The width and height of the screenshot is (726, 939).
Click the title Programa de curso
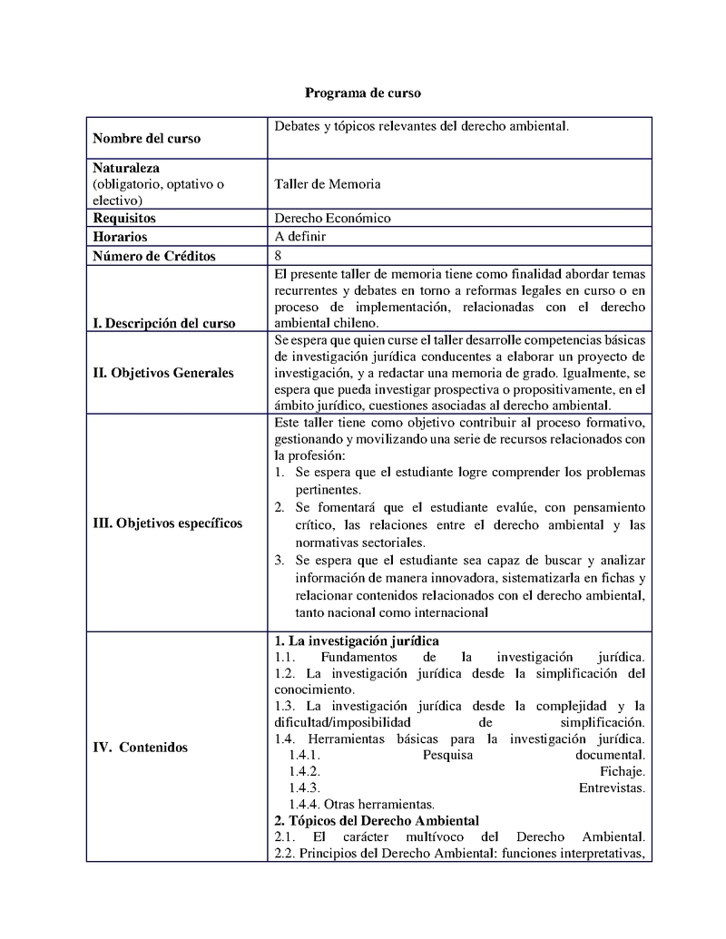pyautogui.click(x=362, y=93)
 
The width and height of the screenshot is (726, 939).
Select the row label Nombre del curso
pyautogui.click(x=147, y=139)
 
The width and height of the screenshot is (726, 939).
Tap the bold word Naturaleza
pyautogui.click(x=126, y=169)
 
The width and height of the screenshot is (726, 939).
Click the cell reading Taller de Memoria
pyautogui.click(x=327, y=184)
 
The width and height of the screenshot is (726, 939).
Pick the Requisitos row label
pyautogui.click(x=124, y=219)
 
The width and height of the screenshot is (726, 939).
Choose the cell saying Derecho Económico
pyautogui.click(x=332, y=219)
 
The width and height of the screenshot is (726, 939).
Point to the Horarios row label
pyautogui.click(x=120, y=237)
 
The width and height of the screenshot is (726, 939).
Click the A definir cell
pyautogui.click(x=300, y=237)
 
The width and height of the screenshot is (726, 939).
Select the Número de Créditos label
pyautogui.click(x=154, y=256)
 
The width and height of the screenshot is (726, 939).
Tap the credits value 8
pyautogui.click(x=278, y=256)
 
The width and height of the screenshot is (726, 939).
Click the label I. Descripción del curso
pyautogui.click(x=164, y=323)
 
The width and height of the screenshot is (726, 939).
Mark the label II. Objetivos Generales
pyautogui.click(x=163, y=373)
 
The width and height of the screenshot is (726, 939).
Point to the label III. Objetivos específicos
pyautogui.click(x=168, y=523)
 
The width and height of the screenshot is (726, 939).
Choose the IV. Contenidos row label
pyautogui.click(x=141, y=748)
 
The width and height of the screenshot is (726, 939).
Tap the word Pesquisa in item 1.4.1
pyautogui.click(x=448, y=755)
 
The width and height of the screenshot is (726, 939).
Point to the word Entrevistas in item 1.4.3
pyautogui.click(x=612, y=787)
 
